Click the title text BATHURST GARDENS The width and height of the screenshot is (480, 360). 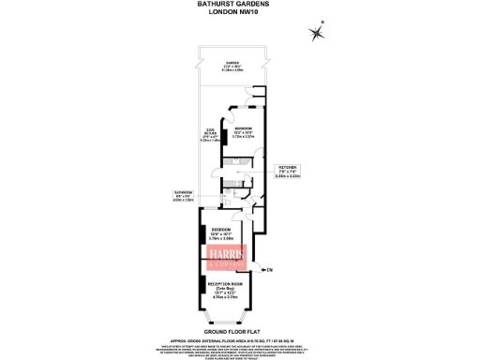pos(239,4)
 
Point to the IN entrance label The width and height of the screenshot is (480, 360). pos(269,270)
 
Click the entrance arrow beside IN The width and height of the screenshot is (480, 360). pos(260,270)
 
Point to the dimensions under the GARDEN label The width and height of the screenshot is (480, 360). pos(231,70)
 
